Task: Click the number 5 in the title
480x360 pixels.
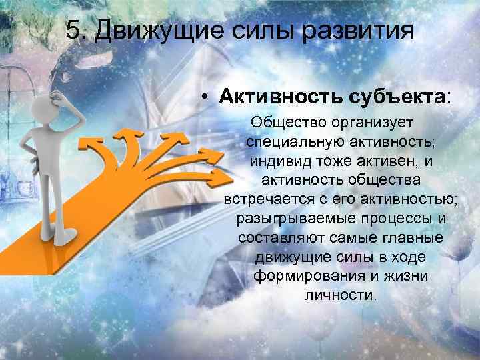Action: (x=74, y=31)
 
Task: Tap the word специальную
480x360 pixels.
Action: (x=288, y=143)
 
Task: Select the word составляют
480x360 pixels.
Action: (x=275, y=237)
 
